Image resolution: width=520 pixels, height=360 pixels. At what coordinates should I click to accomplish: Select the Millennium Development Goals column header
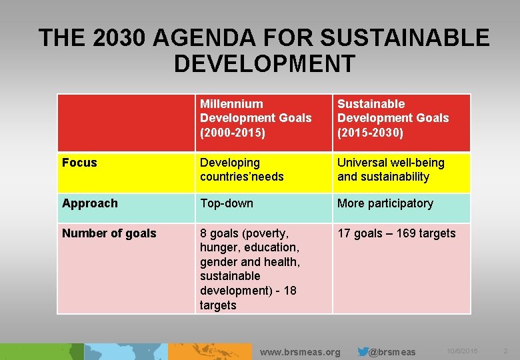coord(255,118)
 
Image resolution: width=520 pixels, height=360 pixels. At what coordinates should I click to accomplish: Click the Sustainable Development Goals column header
coord(393,118)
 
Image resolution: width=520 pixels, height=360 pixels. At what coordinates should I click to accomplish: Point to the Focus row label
coord(79,163)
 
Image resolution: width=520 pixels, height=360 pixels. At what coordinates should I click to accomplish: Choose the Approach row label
coord(89,203)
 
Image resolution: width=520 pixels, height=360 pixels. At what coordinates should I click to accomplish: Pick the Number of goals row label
coord(109,233)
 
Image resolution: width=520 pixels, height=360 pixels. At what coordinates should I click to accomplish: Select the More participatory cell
coord(385,203)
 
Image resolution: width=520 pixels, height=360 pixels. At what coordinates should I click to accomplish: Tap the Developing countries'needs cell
coord(241,169)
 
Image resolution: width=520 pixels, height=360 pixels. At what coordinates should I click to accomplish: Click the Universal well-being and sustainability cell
coord(390,169)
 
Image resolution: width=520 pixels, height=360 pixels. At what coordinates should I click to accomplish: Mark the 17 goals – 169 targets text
coord(396,233)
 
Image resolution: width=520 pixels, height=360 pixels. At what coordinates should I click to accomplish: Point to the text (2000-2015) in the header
coord(232,132)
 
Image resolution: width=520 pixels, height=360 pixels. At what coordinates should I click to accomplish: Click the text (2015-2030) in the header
coord(370,132)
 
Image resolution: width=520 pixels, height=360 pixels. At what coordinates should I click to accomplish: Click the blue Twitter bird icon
coord(363,351)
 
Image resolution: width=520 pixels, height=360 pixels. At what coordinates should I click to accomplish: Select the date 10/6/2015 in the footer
coord(462,351)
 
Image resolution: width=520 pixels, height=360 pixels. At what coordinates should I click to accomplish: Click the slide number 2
coord(505,351)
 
